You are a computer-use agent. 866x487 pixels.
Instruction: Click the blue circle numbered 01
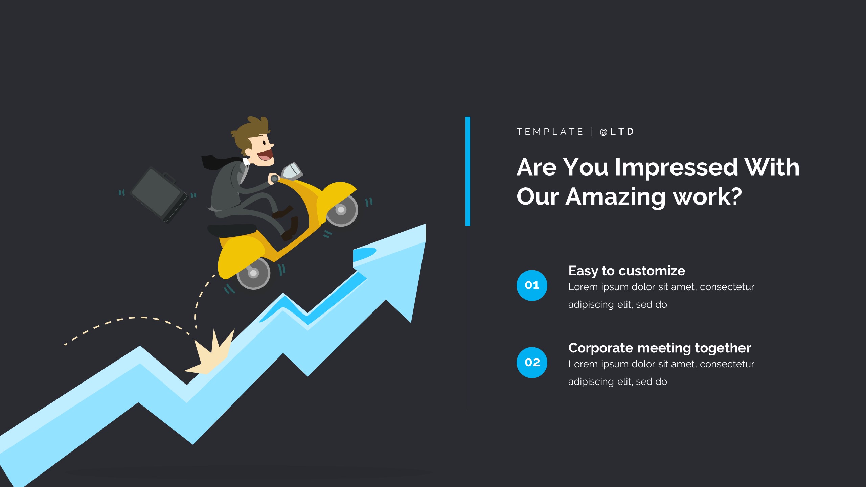pos(532,285)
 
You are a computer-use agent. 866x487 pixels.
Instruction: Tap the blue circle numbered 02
pos(532,363)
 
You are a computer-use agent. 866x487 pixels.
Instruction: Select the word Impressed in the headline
pos(676,168)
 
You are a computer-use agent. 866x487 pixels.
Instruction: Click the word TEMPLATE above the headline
pos(550,132)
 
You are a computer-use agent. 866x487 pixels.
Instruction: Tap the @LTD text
pos(617,132)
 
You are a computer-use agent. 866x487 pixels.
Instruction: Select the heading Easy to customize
pos(627,271)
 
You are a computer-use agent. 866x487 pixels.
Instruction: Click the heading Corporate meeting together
pos(660,348)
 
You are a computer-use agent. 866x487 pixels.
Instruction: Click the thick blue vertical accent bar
pos(468,171)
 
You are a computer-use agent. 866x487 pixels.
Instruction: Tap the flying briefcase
pos(159,194)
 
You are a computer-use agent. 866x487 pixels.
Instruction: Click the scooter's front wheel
pos(341,210)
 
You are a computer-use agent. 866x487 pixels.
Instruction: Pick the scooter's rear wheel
pos(253,273)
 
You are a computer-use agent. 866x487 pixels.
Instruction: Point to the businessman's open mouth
pos(265,156)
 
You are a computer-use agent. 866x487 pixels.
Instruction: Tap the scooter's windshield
pos(292,171)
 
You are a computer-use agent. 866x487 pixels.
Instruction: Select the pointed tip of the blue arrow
pos(425,224)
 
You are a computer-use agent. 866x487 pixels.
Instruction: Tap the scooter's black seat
pos(232,230)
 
